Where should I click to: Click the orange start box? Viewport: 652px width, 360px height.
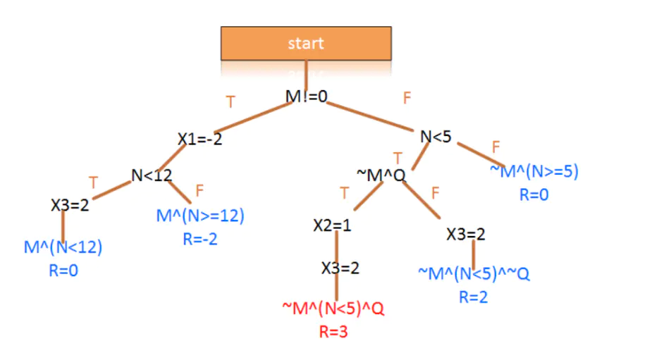[306, 43]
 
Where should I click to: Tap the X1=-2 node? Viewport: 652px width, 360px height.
[199, 139]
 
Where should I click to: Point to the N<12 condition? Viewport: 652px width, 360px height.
[152, 175]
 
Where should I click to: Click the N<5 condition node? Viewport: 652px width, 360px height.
[436, 137]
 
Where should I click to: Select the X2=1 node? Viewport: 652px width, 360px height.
[332, 226]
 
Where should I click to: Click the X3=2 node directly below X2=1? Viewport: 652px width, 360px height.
[340, 268]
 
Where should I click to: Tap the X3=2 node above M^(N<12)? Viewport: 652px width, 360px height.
[70, 205]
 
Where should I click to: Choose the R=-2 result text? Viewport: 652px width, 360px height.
[200, 239]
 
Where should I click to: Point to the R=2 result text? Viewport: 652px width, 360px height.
[473, 297]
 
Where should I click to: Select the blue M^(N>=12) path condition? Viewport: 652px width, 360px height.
[200, 215]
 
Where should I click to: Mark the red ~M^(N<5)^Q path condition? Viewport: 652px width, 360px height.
[333, 309]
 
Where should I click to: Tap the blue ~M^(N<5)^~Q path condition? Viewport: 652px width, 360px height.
[473, 273]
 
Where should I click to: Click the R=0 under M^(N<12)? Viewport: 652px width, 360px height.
[63, 271]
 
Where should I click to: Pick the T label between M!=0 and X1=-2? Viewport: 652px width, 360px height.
[230, 102]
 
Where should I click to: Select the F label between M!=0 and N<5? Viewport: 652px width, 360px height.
[407, 99]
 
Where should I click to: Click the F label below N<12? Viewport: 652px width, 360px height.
[199, 190]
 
